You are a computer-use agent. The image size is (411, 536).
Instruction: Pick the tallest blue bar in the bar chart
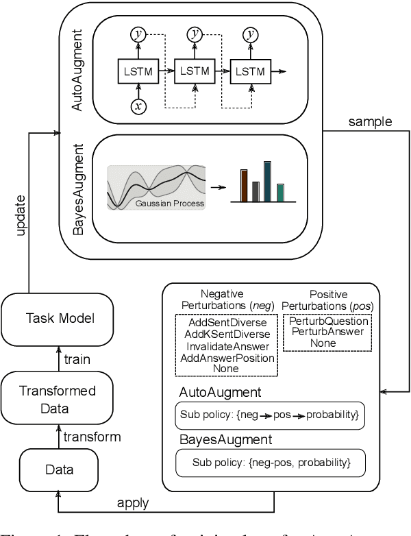tap(267, 182)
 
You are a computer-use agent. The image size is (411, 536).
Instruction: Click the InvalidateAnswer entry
tap(225, 346)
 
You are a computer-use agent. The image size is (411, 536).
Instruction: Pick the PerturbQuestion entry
tap(329, 321)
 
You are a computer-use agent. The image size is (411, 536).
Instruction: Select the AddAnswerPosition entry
tap(225, 358)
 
